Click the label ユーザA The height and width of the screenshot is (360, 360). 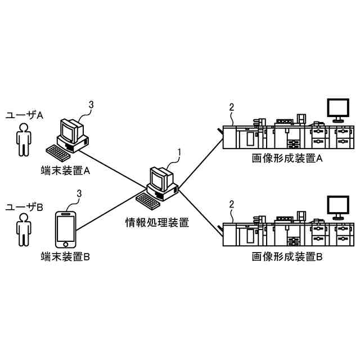24,115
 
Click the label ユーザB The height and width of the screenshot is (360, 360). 24,207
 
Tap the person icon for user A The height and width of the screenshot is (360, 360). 23,140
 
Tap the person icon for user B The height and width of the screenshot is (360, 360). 23,231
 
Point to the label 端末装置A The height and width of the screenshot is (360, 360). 66,169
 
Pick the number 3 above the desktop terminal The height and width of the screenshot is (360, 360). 92,104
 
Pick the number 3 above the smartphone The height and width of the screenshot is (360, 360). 79,194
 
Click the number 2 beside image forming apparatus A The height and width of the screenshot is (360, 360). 231,107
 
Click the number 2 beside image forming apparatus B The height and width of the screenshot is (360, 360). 231,204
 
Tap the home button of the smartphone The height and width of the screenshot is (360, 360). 66,244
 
